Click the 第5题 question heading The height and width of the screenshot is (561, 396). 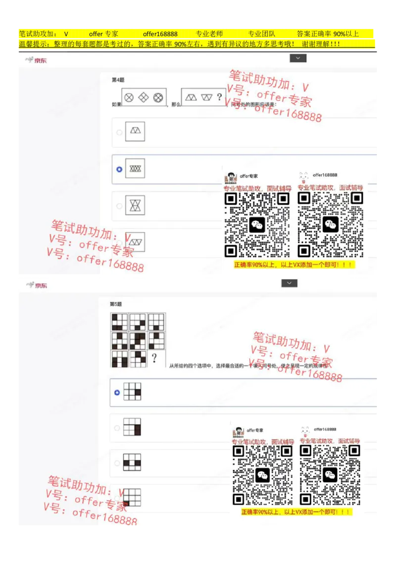[x=115, y=304]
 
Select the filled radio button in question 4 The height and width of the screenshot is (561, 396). [x=119, y=169]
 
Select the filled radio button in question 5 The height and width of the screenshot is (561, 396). [x=117, y=393]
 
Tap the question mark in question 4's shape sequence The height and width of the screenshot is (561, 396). [x=219, y=97]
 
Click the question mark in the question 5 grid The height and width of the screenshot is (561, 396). [x=154, y=358]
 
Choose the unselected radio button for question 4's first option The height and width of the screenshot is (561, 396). [x=119, y=132]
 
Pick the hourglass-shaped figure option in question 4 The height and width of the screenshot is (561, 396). [x=135, y=205]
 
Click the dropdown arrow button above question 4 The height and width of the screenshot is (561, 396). [x=298, y=58]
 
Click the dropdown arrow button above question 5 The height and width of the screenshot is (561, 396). [x=289, y=283]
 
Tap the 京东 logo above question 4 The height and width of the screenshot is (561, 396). [x=37, y=60]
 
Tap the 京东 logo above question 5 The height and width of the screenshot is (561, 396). [x=37, y=285]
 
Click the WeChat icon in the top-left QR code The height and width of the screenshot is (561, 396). [x=257, y=225]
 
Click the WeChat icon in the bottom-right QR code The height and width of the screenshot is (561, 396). [x=330, y=475]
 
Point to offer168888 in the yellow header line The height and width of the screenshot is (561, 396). [x=160, y=34]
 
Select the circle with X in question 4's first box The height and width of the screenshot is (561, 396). [x=129, y=98]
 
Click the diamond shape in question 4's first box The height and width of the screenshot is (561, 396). [x=144, y=98]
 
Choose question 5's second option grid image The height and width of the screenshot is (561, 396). [x=132, y=427]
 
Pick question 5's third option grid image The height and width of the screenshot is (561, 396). [x=132, y=462]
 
